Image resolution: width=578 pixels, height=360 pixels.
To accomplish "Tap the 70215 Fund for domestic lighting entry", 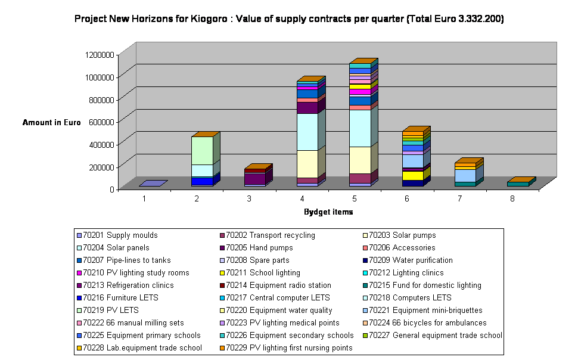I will point(425,285).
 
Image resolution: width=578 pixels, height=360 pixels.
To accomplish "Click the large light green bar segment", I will point(202,150).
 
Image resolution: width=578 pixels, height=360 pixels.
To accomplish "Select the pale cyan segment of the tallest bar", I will point(360,128).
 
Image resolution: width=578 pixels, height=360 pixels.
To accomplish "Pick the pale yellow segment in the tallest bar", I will point(360,160).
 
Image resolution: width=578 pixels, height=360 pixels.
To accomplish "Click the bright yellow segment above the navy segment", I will point(412,175).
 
